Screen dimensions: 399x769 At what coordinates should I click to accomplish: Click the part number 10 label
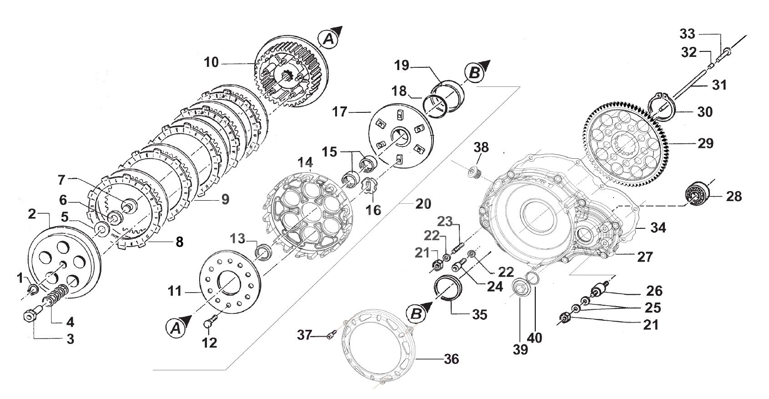(211, 62)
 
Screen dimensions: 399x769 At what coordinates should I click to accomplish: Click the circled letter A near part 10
(328, 40)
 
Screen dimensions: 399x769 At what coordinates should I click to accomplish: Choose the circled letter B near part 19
(474, 73)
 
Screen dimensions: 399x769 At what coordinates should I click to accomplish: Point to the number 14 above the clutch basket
(306, 162)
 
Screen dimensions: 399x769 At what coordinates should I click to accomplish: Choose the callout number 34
(658, 227)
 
